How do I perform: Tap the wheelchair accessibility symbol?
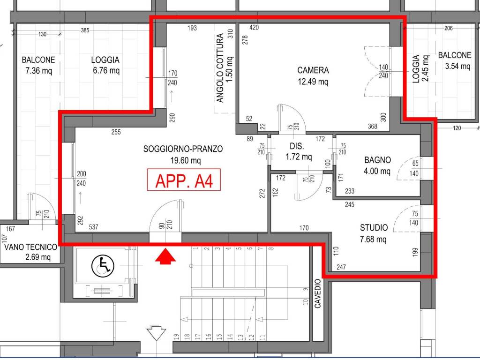103,266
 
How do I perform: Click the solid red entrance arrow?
165,256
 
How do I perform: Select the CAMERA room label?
313,70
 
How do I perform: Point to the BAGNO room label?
377,160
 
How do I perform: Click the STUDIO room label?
374,227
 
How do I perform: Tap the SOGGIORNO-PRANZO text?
183,149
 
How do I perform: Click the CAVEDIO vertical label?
318,293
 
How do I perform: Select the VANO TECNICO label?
30,247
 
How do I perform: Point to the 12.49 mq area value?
313,82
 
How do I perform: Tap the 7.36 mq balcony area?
39,71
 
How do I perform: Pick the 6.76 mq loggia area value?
106,70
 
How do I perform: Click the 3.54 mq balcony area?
457,66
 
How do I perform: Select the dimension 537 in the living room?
93,227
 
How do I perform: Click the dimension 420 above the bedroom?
254,28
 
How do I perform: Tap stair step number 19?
176,337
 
